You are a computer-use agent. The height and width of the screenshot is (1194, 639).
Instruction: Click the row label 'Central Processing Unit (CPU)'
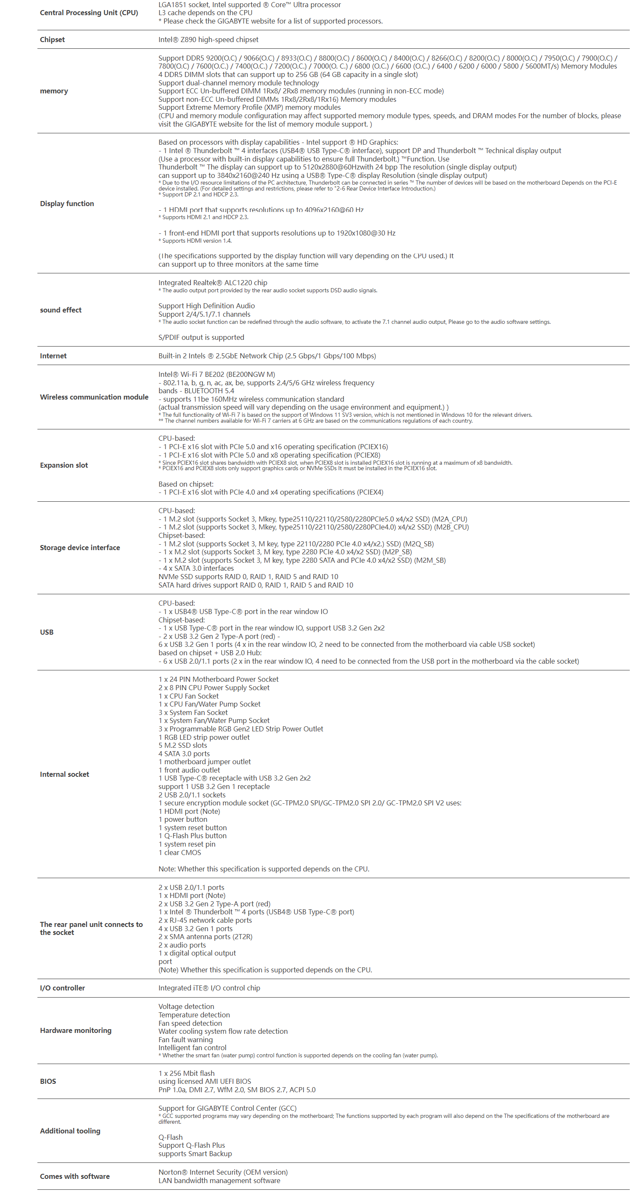[x=89, y=13]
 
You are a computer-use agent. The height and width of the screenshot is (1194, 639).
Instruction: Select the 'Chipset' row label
[x=53, y=40]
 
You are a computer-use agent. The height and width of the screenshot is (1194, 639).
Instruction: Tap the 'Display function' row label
[x=67, y=204]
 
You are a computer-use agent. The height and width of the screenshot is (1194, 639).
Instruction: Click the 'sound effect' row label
[x=61, y=310]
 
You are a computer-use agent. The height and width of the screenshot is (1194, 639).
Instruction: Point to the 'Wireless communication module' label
[x=94, y=397]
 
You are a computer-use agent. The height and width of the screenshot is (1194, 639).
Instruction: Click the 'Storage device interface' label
[x=80, y=548]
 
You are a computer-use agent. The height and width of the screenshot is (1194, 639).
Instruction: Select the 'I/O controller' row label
[x=63, y=988]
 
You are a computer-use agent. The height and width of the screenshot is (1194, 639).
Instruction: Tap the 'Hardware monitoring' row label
[x=76, y=1030]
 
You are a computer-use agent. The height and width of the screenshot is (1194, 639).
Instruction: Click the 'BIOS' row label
[x=48, y=1081]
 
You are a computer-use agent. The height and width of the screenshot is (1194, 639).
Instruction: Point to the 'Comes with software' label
[x=74, y=1176]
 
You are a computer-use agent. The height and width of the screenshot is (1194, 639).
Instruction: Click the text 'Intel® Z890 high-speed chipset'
[x=208, y=40]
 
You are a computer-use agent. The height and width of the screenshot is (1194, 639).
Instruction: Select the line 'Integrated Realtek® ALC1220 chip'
[x=213, y=282]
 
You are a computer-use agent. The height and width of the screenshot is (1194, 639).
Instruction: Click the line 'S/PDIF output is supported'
[x=201, y=337]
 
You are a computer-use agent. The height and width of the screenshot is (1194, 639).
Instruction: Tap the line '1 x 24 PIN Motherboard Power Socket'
[x=218, y=679]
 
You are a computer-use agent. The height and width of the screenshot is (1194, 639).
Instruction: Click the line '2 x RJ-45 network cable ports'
[x=205, y=920]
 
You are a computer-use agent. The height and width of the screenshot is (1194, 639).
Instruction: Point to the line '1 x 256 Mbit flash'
[x=186, y=1073]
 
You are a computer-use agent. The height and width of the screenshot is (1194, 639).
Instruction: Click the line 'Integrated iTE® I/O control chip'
[x=209, y=988]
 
